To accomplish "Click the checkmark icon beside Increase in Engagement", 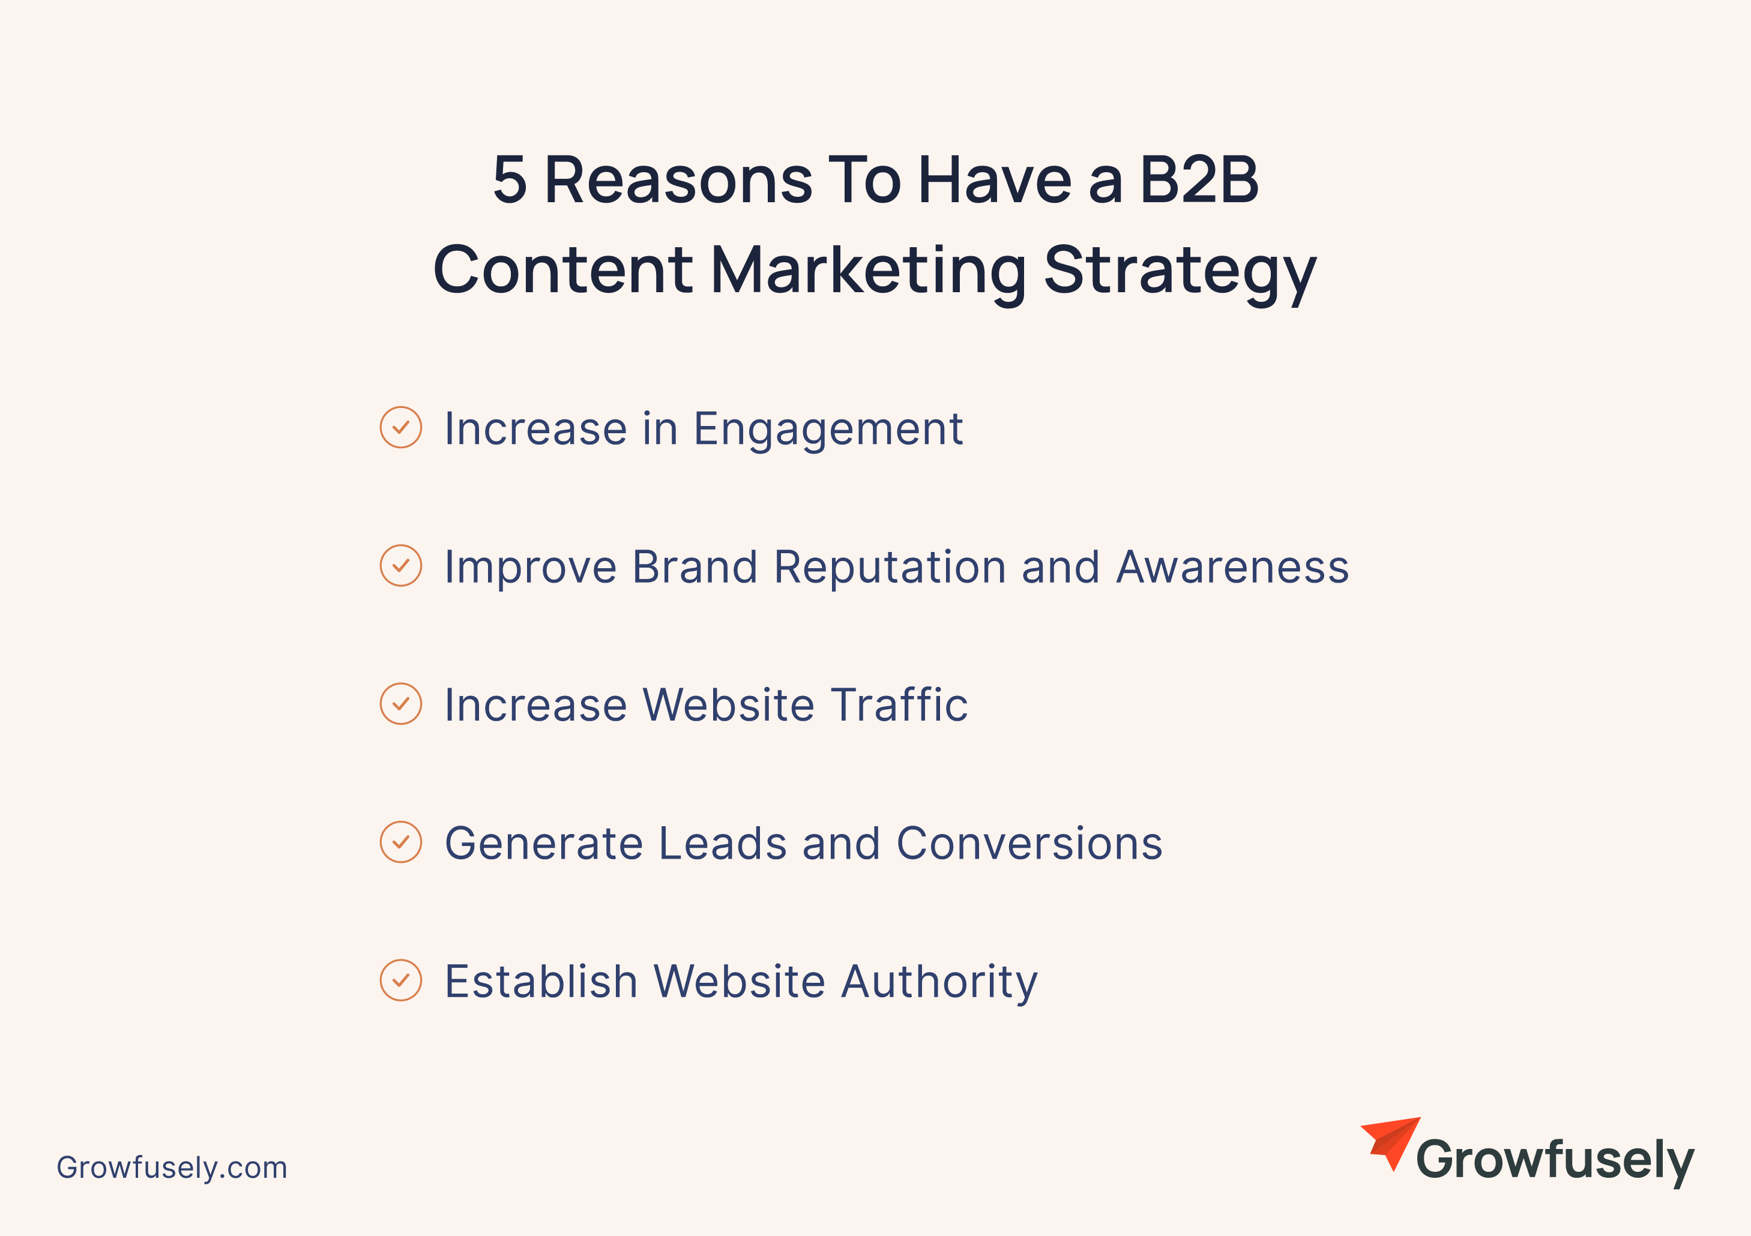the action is pyautogui.click(x=400, y=427).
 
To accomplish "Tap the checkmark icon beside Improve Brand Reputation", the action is pyautogui.click(x=400, y=566).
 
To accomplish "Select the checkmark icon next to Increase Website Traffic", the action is pyautogui.click(x=400, y=704).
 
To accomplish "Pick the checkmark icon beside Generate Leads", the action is pyautogui.click(x=400, y=842).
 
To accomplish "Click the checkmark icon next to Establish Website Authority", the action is pyautogui.click(x=400, y=980).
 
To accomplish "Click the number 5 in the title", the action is pyautogui.click(x=510, y=180).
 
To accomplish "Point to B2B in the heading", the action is pyautogui.click(x=1199, y=180).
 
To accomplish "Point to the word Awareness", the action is pyautogui.click(x=1232, y=567).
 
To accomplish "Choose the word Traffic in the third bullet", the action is pyautogui.click(x=900, y=704).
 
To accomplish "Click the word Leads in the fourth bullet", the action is pyautogui.click(x=722, y=844).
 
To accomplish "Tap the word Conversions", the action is pyautogui.click(x=1029, y=844).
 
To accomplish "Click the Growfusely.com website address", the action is pyautogui.click(x=172, y=1168).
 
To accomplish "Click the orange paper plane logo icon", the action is pyautogui.click(x=1390, y=1144).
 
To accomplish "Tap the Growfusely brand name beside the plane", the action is pyautogui.click(x=1555, y=1160).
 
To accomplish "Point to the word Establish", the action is pyautogui.click(x=541, y=982).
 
